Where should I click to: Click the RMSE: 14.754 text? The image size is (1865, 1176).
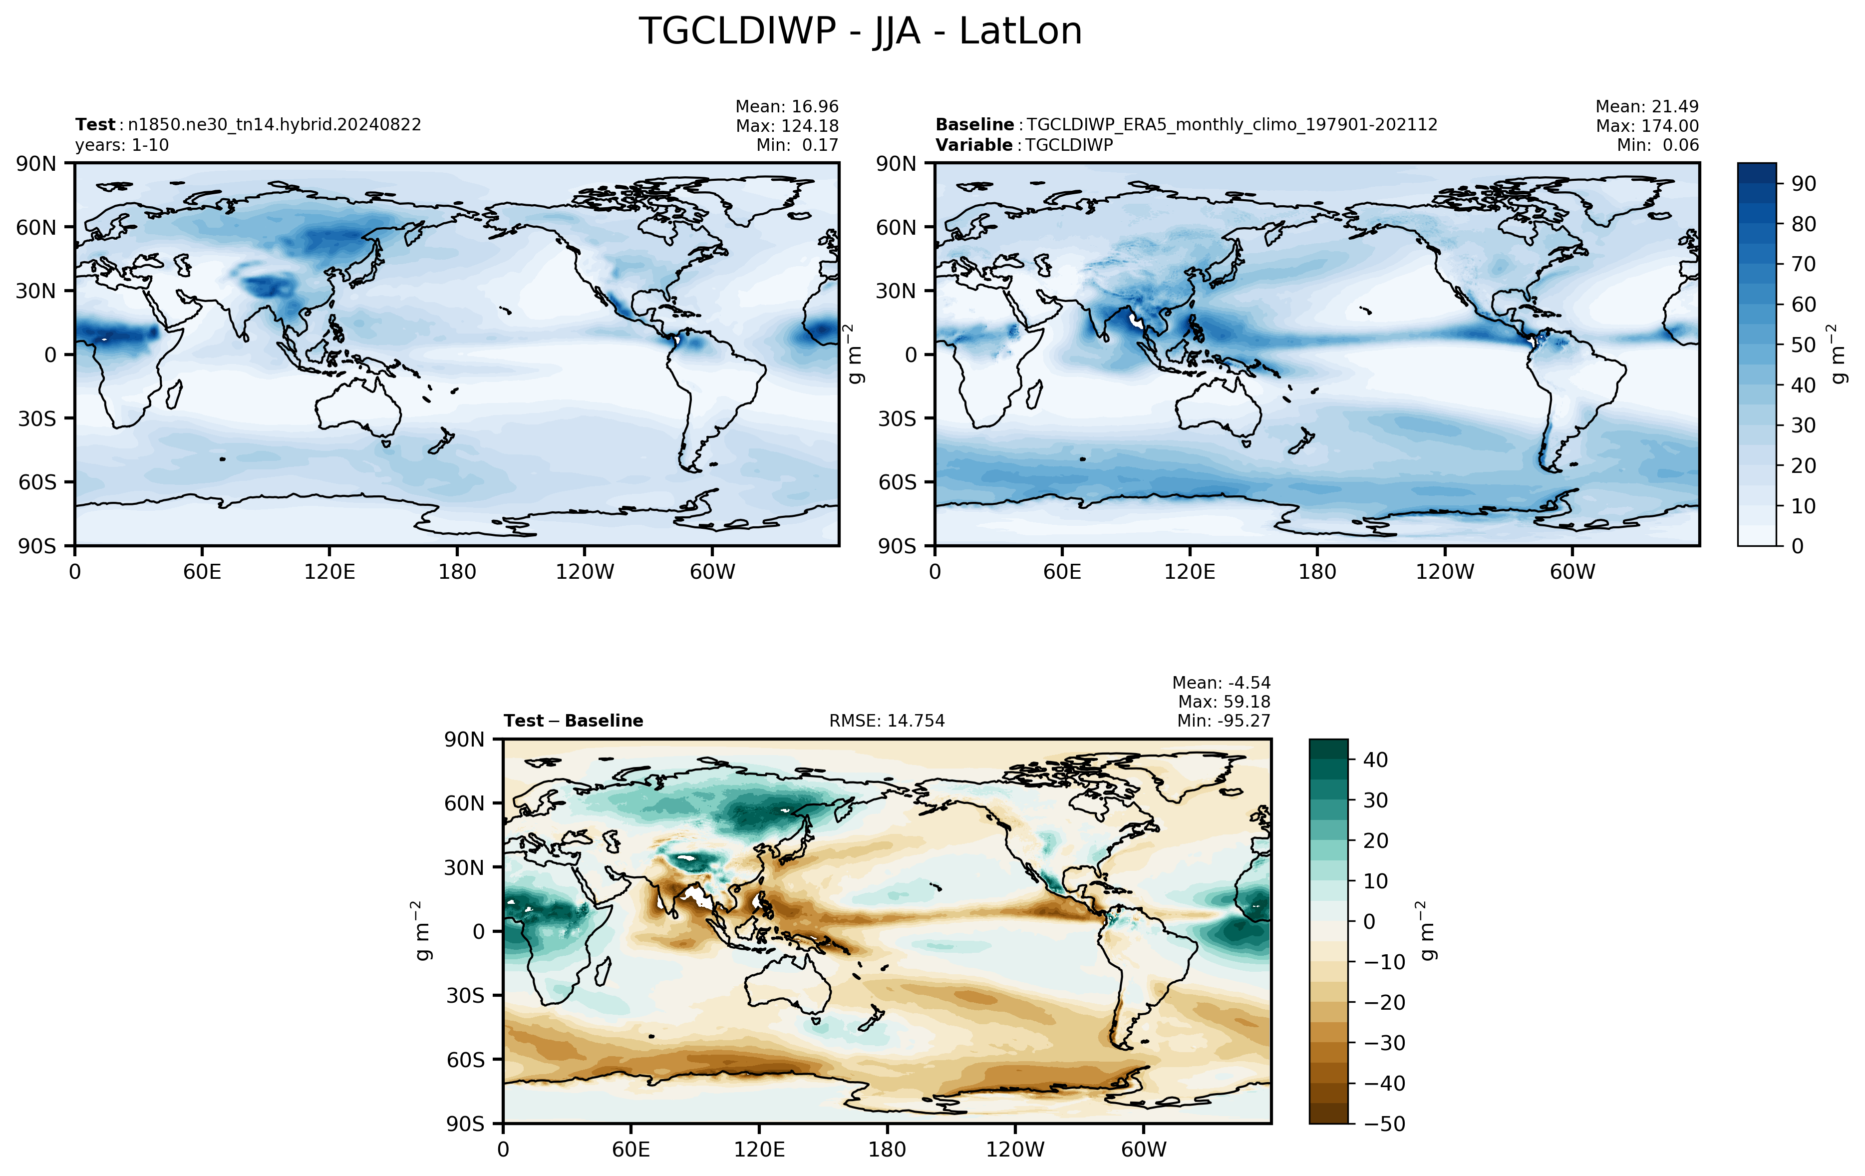887,721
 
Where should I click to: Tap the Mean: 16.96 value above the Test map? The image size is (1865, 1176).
787,106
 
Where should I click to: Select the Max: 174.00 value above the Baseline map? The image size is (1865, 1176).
1647,125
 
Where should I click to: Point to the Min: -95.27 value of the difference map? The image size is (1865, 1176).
1224,721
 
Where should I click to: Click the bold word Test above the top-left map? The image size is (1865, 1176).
95,125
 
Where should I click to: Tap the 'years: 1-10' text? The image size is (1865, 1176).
122,145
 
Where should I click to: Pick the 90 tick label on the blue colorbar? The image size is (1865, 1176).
1804,184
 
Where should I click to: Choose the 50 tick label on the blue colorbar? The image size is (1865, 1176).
1804,345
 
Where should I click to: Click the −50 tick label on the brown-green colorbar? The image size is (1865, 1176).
1384,1124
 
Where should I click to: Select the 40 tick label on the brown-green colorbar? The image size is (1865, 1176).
1375,760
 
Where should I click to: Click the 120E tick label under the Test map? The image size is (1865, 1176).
330,572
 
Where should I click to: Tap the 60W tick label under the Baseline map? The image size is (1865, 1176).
1573,572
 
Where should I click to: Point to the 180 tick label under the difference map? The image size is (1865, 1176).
887,1149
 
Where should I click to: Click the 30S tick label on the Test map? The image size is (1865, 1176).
37,418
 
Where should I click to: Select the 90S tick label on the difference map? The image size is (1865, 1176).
465,1124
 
